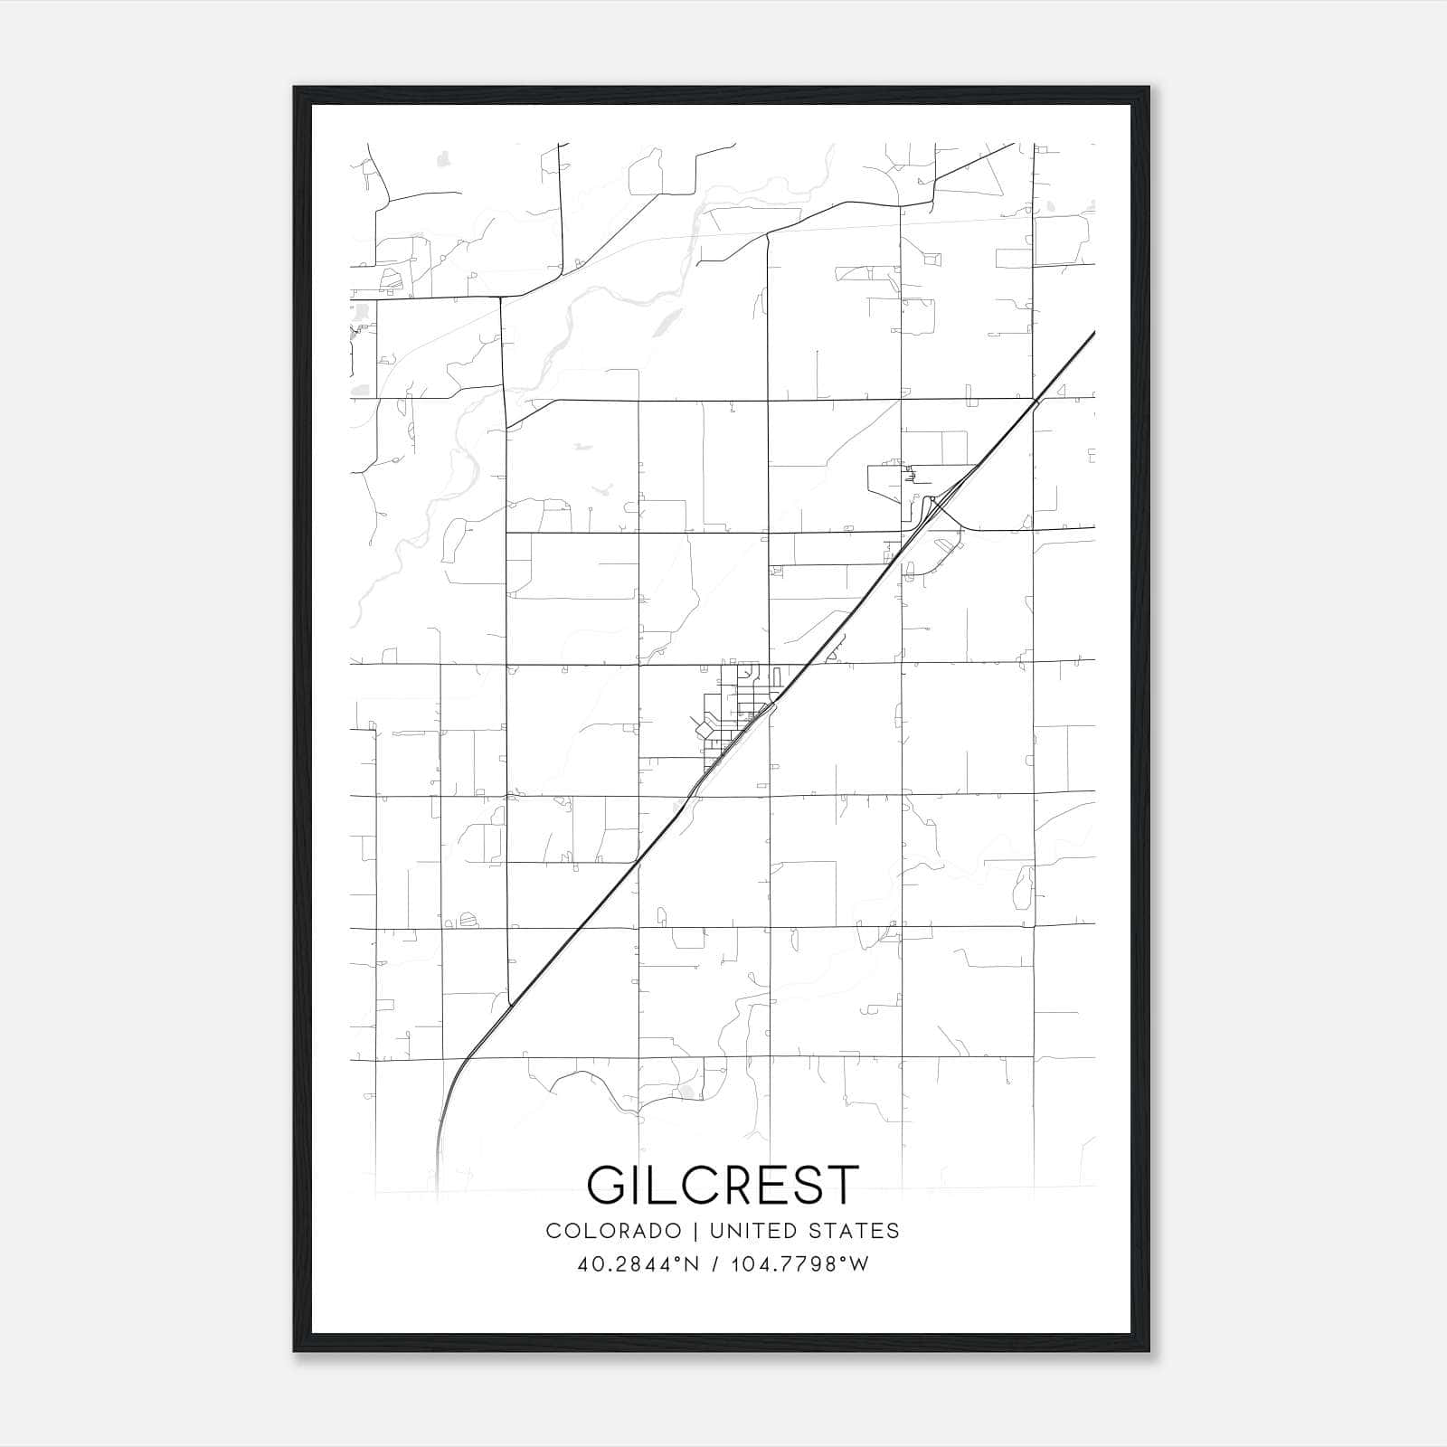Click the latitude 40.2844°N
pyautogui.click(x=638, y=1264)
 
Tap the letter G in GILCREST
pyautogui.click(x=608, y=1184)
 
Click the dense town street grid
pyautogui.click(x=734, y=714)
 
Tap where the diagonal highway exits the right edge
pyautogui.click(x=1092, y=334)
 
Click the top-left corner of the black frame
pyautogui.click(x=295, y=89)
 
